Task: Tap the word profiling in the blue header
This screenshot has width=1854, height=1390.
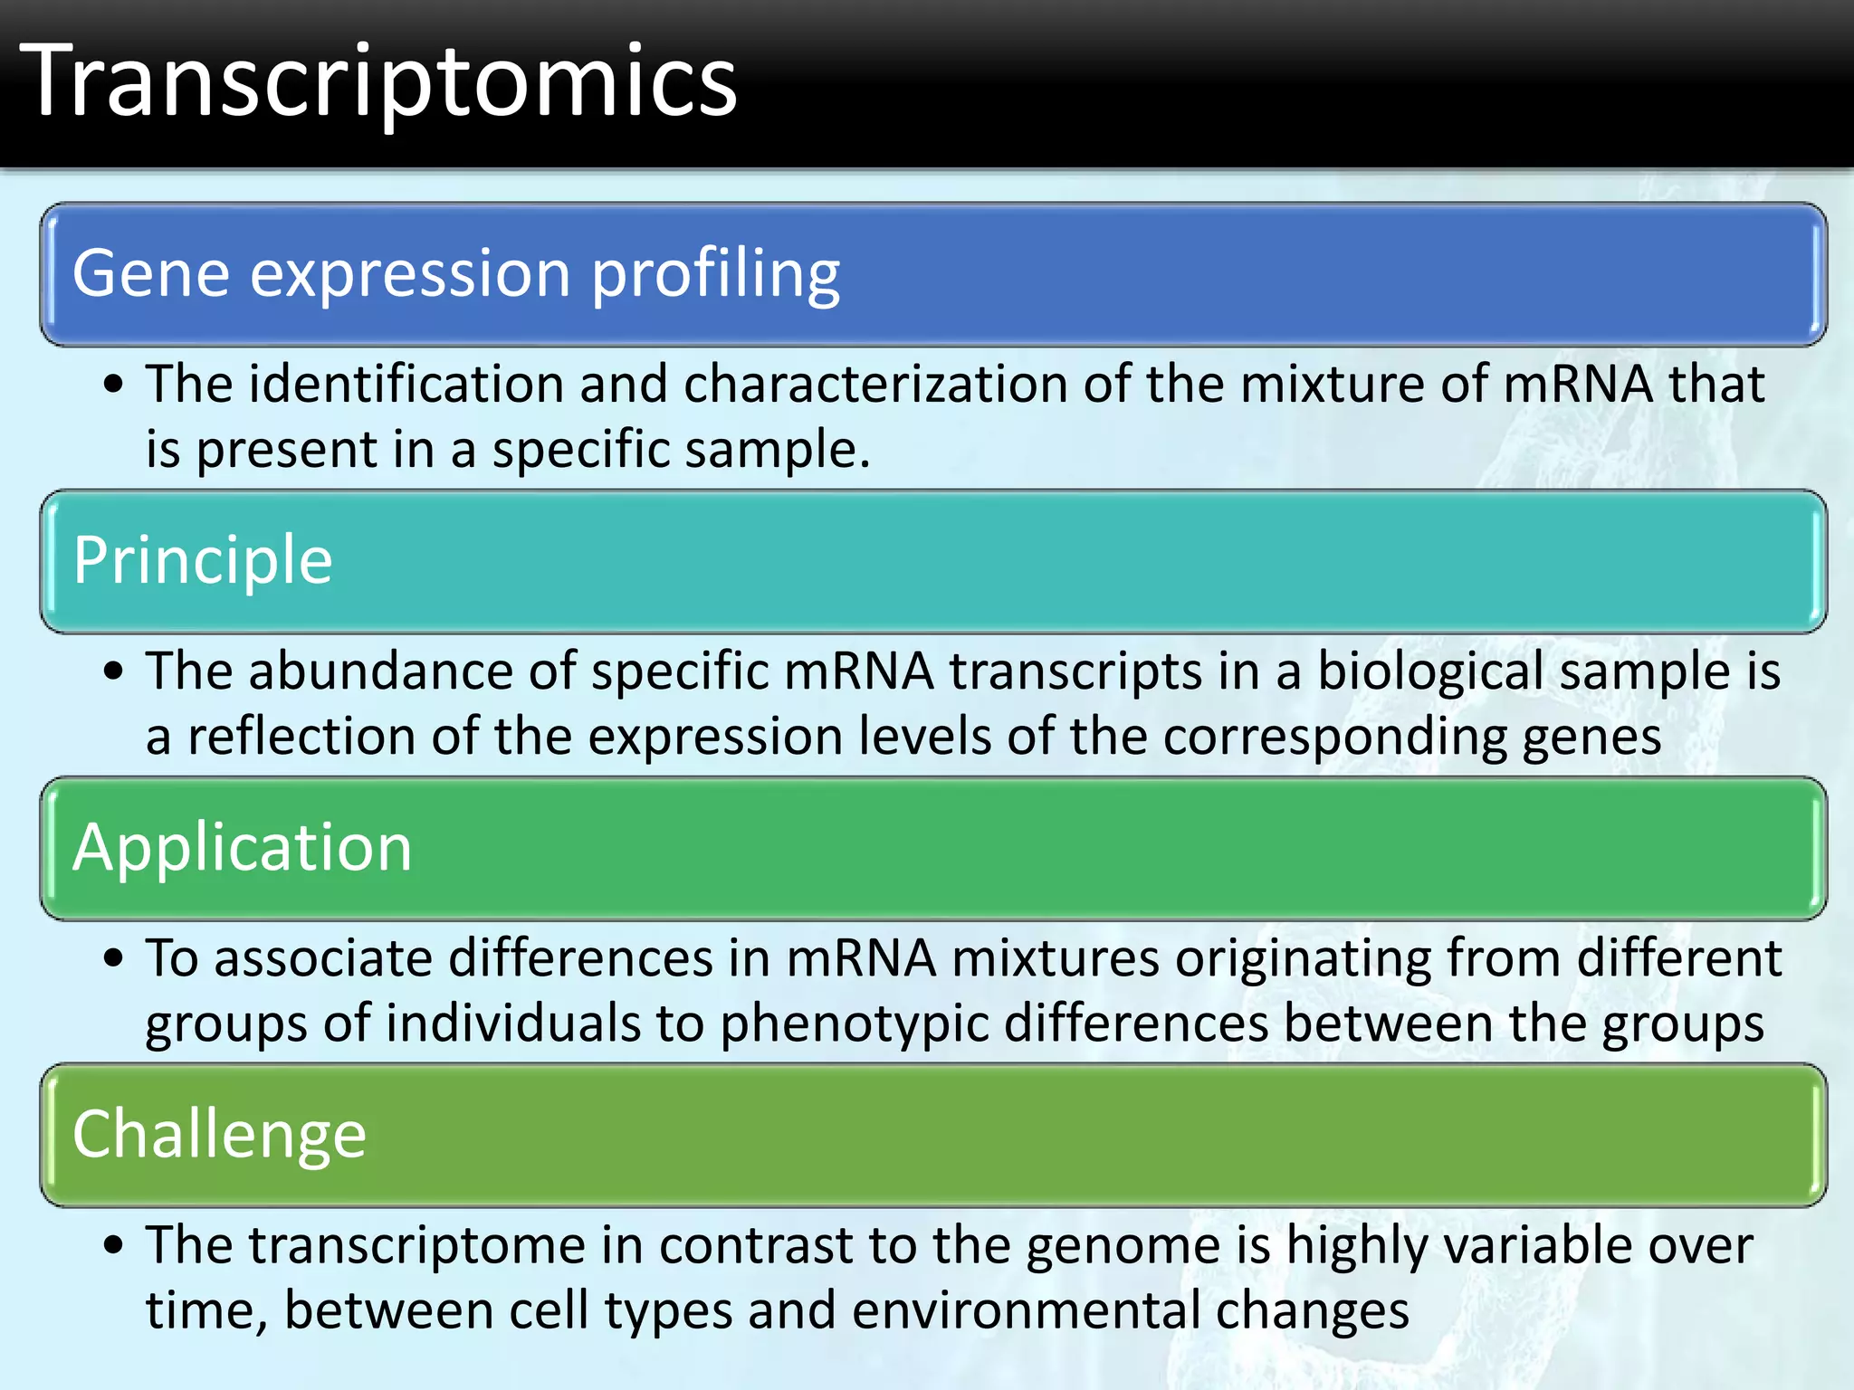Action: point(715,274)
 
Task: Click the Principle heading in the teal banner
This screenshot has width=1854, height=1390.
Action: point(203,561)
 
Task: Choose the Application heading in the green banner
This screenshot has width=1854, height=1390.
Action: point(242,848)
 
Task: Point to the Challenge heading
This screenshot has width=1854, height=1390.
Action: point(219,1135)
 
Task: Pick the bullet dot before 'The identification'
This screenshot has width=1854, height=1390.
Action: point(113,385)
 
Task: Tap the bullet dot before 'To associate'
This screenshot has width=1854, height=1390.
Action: point(113,959)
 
